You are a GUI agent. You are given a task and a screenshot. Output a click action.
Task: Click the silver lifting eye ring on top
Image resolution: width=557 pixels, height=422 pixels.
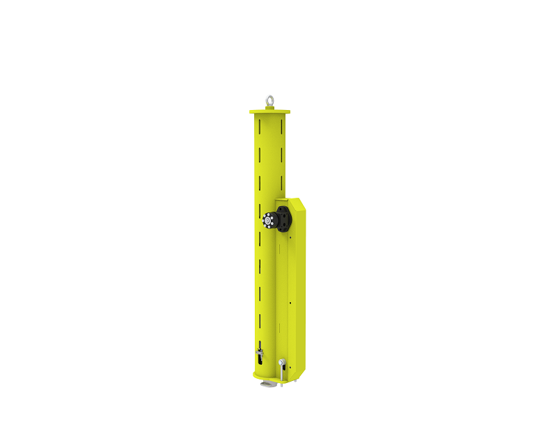click(x=269, y=100)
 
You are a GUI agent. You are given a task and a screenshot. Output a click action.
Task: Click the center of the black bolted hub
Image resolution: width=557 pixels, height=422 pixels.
click(x=267, y=221)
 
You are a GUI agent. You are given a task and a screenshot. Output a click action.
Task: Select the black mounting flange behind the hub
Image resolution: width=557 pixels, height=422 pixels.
click(x=285, y=219)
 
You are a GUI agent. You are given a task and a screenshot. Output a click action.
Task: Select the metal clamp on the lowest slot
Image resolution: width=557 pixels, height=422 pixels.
click(x=259, y=352)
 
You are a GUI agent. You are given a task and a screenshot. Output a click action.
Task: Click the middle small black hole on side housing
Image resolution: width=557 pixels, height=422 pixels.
click(x=290, y=303)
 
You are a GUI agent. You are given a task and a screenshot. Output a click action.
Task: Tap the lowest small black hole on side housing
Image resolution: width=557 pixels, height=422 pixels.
click(x=290, y=367)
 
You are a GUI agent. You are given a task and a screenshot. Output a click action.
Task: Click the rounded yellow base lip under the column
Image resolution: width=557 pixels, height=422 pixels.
click(x=258, y=376)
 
